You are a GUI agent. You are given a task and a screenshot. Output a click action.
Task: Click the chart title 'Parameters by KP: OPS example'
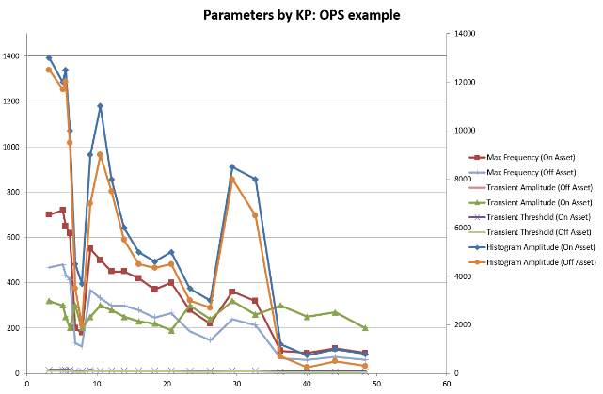pos(300,15)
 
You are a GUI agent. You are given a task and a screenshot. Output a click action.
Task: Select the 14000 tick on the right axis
pos(464,34)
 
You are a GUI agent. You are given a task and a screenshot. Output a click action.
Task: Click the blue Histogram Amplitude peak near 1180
pos(100,106)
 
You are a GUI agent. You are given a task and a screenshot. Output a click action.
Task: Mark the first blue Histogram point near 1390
pos(49,58)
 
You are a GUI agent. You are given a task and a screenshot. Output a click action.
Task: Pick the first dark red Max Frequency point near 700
pos(49,214)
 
